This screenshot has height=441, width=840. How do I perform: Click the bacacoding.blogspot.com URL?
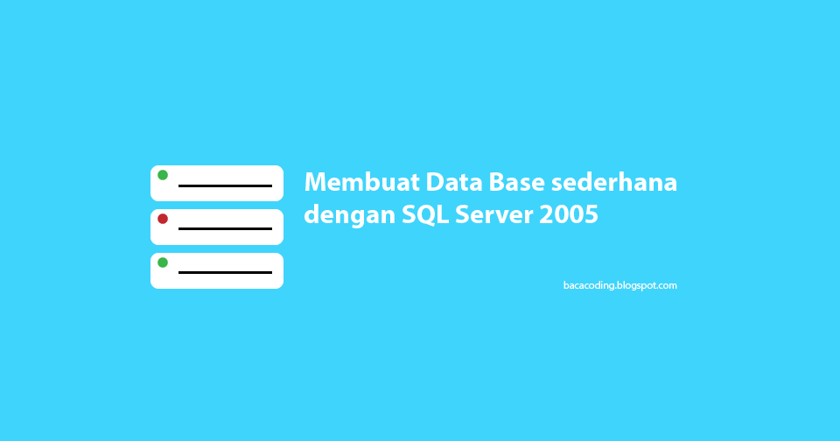click(x=619, y=285)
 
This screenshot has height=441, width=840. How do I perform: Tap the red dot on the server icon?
click(x=163, y=219)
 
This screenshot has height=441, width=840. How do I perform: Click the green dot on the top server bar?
click(x=163, y=175)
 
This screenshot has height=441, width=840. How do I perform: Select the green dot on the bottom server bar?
click(x=163, y=262)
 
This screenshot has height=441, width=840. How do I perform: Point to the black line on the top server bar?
click(x=225, y=185)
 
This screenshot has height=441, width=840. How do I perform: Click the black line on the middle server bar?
click(x=225, y=228)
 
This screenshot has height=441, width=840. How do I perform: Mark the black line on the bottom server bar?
click(x=225, y=272)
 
